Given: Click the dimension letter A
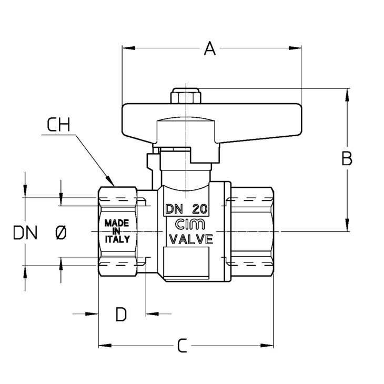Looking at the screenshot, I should [210, 49].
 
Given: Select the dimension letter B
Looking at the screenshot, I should [347, 159].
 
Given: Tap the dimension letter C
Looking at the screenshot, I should [182, 346].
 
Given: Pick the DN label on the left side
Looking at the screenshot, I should [25, 233].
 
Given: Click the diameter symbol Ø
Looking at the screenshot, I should [60, 233].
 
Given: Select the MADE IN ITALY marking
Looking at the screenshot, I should [116, 230].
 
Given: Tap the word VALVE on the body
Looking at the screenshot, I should [189, 240].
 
